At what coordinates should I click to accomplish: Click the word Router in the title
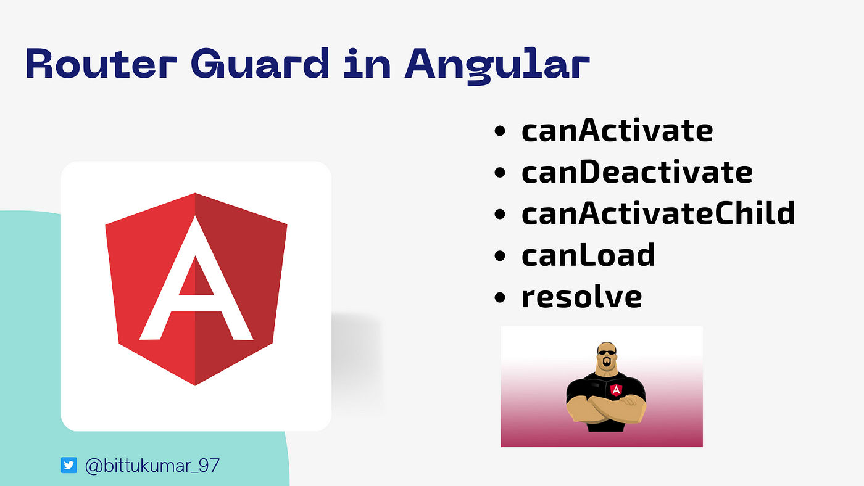point(101,64)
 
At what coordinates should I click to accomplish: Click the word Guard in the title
point(260,64)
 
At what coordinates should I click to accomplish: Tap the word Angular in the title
point(497,66)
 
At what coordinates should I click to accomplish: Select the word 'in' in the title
point(367,64)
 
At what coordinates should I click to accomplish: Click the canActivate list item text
point(617,130)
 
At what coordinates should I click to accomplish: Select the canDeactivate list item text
point(637,172)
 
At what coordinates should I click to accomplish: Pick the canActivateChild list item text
point(658,213)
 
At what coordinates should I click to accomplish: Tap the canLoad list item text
point(588,255)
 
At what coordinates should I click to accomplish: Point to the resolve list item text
point(581,297)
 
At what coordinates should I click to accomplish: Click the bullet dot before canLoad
point(499,256)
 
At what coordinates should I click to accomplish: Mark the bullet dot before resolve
point(499,297)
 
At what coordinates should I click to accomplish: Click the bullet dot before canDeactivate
point(499,173)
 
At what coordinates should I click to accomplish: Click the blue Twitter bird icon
point(69,465)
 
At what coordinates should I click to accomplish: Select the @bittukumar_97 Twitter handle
point(152,466)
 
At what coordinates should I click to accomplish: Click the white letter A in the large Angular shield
point(196,278)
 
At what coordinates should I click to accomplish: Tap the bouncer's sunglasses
point(606,352)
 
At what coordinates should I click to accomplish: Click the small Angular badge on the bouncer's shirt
point(616,390)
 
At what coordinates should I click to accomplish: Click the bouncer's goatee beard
point(607,362)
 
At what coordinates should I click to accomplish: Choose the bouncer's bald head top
point(606,344)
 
